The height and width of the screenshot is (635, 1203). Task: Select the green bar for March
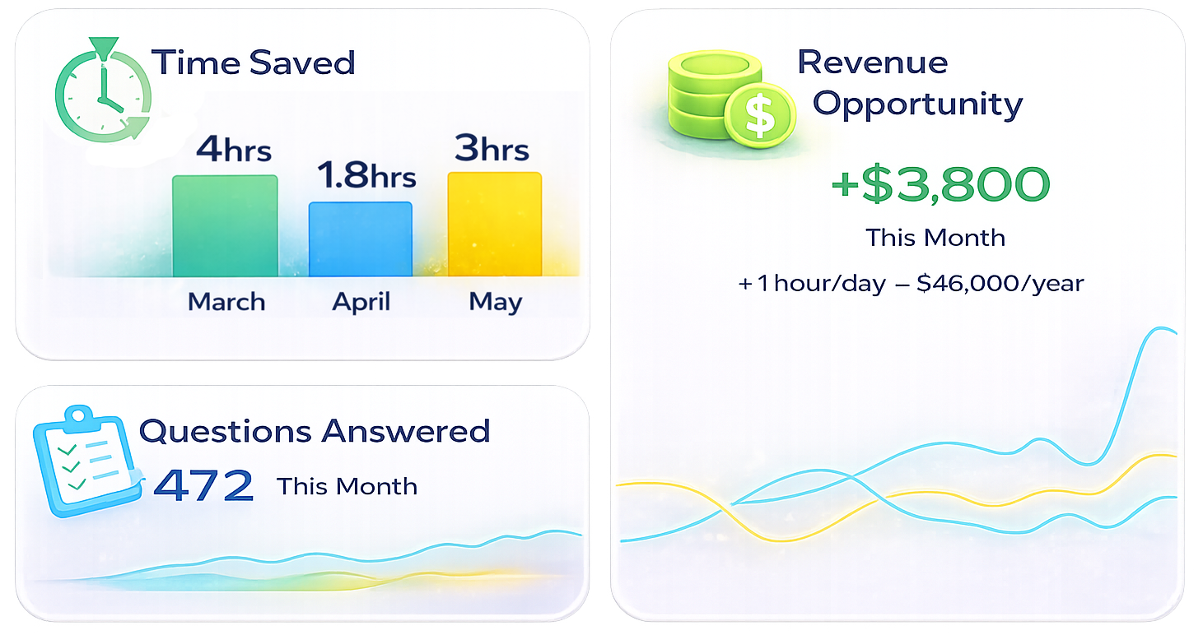(x=224, y=226)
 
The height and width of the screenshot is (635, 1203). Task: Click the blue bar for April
(x=360, y=239)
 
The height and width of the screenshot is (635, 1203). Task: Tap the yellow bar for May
(x=494, y=224)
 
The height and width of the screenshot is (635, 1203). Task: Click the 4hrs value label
(x=234, y=150)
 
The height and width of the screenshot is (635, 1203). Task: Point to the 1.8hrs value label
(x=366, y=176)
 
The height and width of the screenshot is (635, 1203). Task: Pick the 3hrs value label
(x=492, y=149)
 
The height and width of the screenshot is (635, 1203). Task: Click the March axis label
(x=226, y=302)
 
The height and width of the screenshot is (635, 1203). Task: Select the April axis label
(x=360, y=303)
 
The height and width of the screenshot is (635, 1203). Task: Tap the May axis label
(x=496, y=303)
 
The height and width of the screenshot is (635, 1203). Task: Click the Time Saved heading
(x=254, y=63)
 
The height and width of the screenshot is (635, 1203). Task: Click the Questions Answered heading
(x=315, y=431)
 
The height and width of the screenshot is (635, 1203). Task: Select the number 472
(x=203, y=486)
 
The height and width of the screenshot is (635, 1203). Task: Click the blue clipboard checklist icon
(x=86, y=461)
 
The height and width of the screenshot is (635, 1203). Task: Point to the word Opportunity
(x=917, y=104)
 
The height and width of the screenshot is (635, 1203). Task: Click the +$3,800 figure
(x=940, y=184)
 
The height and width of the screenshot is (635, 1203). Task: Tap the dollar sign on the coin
(x=759, y=116)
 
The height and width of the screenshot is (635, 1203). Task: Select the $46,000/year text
(x=1000, y=284)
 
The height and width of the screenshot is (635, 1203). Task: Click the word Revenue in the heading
(x=872, y=63)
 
